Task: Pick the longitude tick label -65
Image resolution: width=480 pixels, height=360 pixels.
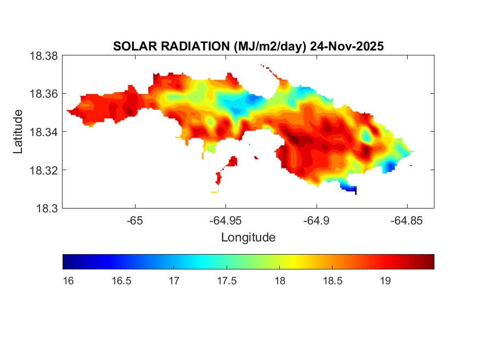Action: click(135, 220)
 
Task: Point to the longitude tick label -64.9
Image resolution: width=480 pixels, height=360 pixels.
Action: click(315, 220)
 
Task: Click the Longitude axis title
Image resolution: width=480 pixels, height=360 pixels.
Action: click(248, 237)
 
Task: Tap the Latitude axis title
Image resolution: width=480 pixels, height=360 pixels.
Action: click(19, 132)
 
